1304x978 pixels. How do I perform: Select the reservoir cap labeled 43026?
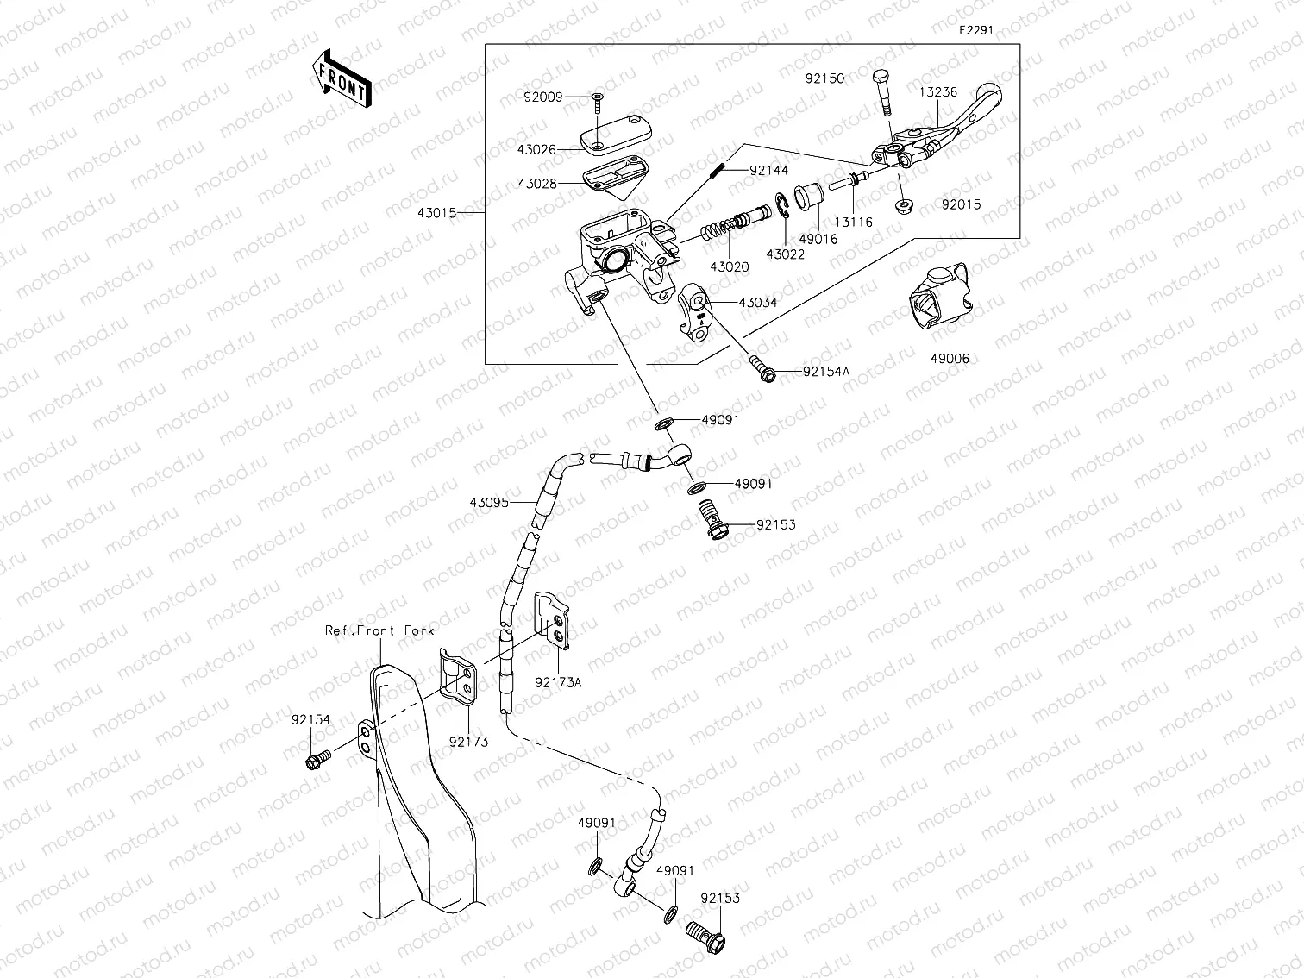(x=613, y=136)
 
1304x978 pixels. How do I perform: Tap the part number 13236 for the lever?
(x=937, y=92)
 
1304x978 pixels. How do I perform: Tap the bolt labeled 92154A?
(x=762, y=368)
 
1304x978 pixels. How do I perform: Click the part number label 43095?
(x=489, y=502)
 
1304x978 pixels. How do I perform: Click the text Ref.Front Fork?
(x=379, y=630)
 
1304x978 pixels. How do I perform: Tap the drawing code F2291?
(x=976, y=29)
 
